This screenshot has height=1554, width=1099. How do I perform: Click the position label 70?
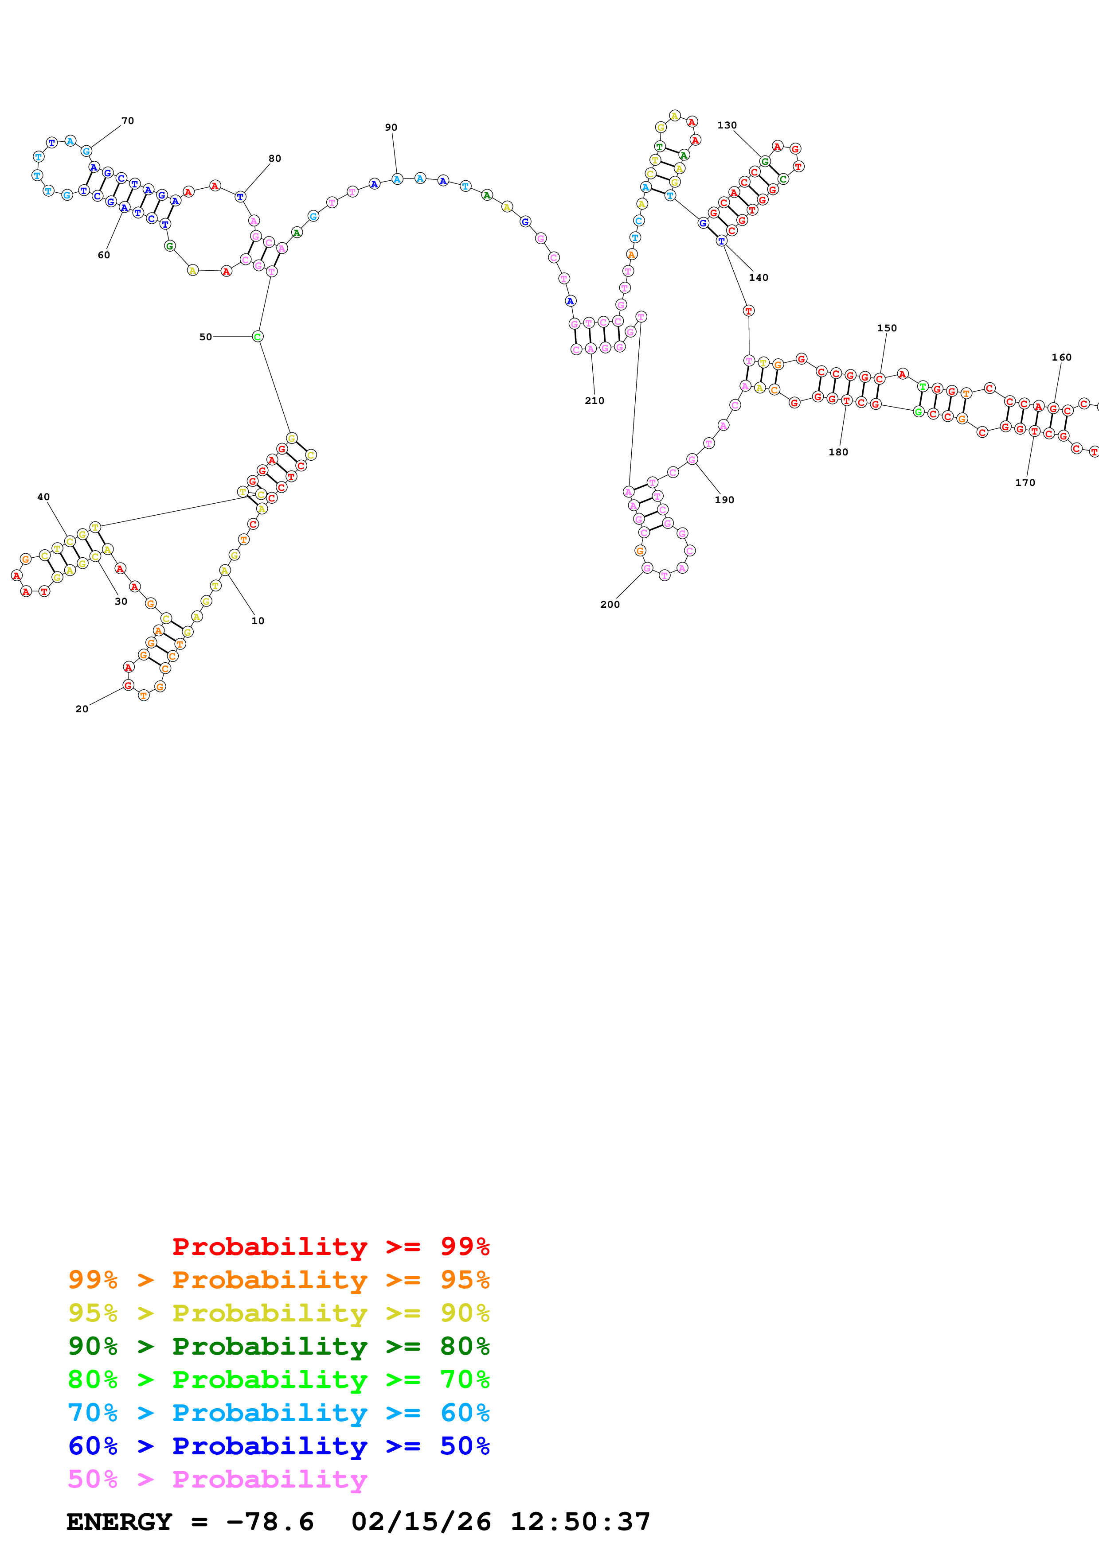click(x=127, y=121)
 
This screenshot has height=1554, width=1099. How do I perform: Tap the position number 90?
click(x=391, y=127)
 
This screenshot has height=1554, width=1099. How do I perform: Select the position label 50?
click(x=205, y=337)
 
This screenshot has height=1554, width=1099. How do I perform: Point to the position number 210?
click(x=594, y=401)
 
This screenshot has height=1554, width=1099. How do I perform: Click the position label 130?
click(x=727, y=125)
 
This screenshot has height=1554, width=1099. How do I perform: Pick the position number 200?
click(x=610, y=604)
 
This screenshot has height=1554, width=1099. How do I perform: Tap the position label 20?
click(x=81, y=709)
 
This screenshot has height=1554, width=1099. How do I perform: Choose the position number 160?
click(x=1061, y=357)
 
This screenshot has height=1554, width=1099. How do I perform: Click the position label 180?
click(x=837, y=452)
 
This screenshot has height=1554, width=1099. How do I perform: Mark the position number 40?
click(x=43, y=497)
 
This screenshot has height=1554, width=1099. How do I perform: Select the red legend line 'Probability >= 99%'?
click(x=330, y=1247)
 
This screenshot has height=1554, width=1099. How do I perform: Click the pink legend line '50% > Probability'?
click(x=217, y=1480)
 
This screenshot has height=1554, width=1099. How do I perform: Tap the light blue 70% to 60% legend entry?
click(x=278, y=1413)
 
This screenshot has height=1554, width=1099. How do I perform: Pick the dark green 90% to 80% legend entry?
click(x=278, y=1347)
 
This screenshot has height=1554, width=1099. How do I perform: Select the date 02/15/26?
click(x=421, y=1522)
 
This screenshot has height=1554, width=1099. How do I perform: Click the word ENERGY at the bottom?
click(x=119, y=1522)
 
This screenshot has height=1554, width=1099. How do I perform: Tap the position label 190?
click(x=724, y=500)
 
